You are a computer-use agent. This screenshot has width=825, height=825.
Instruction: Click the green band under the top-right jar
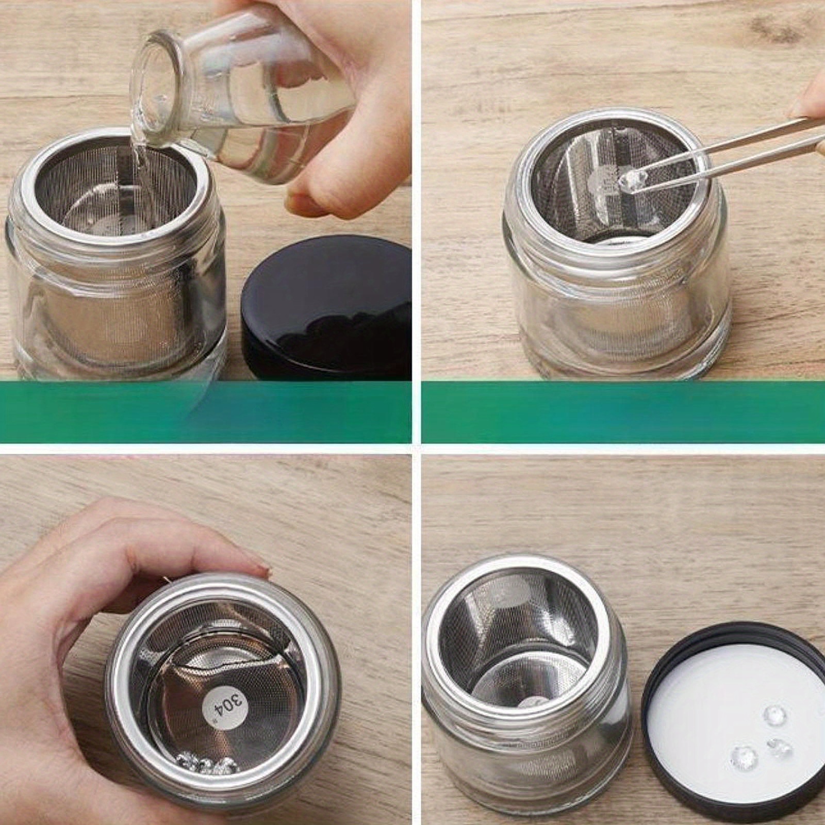619,412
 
